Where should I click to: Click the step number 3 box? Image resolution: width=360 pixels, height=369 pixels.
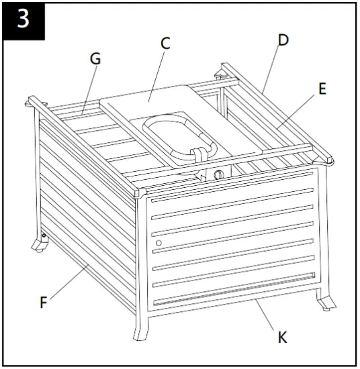pos(23,19)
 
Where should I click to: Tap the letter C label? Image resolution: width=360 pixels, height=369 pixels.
pos(165,44)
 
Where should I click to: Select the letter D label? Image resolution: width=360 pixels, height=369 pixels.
pos(283,40)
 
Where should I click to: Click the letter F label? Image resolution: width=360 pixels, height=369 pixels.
pos(43,302)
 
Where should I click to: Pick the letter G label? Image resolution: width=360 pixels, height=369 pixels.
pos(95,59)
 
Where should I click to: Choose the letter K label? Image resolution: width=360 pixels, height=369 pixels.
pos(283,337)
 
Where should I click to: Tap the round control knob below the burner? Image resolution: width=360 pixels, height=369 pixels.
pos(218,175)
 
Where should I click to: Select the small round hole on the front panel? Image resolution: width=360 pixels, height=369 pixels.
pos(159,242)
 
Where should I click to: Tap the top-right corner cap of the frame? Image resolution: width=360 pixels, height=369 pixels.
pos(328,160)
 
